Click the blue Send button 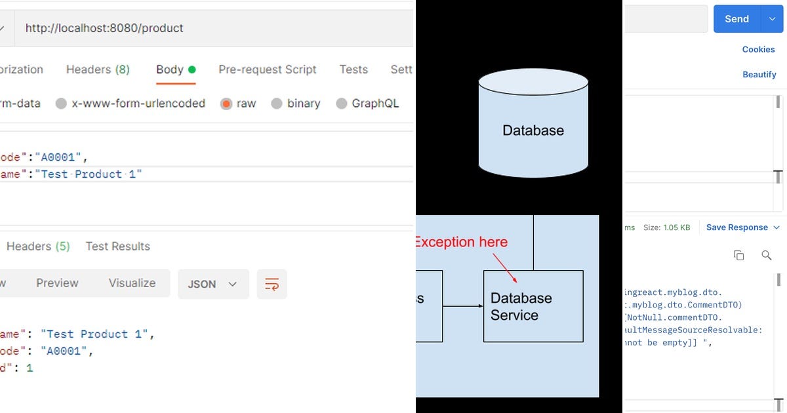pyautogui.click(x=737, y=19)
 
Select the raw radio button pyautogui.click(x=226, y=104)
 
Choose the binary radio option pyautogui.click(x=277, y=104)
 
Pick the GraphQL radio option pyautogui.click(x=341, y=104)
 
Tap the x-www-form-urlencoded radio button pyautogui.click(x=61, y=104)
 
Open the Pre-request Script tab pyautogui.click(x=267, y=69)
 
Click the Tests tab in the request pyautogui.click(x=353, y=69)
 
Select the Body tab pyautogui.click(x=170, y=69)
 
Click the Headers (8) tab pyautogui.click(x=98, y=69)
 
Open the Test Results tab pyautogui.click(x=117, y=246)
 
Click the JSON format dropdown pyautogui.click(x=212, y=284)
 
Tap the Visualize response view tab pyautogui.click(x=132, y=283)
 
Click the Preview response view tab pyautogui.click(x=57, y=283)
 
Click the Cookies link pyautogui.click(x=758, y=49)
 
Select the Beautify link pyautogui.click(x=759, y=75)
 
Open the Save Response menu pyautogui.click(x=743, y=227)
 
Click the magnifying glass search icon pyautogui.click(x=766, y=255)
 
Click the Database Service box pyautogui.click(x=533, y=306)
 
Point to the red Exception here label pyautogui.click(x=461, y=242)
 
